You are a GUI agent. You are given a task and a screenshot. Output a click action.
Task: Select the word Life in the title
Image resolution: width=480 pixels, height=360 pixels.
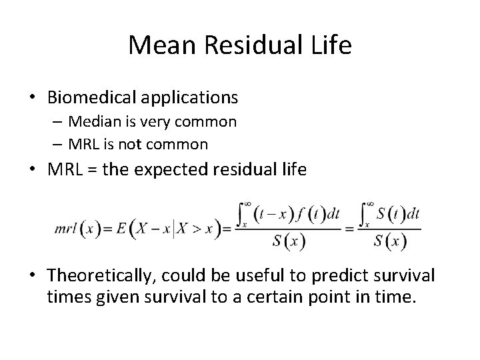331,45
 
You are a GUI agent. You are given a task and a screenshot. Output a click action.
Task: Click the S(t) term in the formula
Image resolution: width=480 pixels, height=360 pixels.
391,215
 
